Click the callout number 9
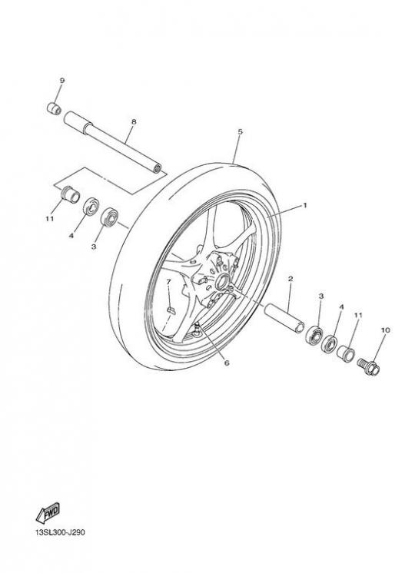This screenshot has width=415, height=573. click(x=61, y=81)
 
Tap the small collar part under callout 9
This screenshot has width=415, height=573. click(x=54, y=108)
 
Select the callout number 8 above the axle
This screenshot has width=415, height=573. click(x=134, y=121)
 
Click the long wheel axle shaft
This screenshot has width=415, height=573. click(x=113, y=143)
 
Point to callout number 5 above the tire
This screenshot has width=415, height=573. click(x=240, y=132)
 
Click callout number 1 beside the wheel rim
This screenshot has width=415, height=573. click(x=305, y=205)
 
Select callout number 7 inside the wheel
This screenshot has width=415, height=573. click(x=168, y=282)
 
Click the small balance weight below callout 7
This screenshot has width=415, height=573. click(x=171, y=311)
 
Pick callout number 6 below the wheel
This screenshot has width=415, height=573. click(x=227, y=363)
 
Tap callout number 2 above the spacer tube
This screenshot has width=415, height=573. click(x=290, y=279)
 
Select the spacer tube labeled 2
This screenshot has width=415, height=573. click(x=284, y=318)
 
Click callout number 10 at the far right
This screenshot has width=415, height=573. click(x=385, y=330)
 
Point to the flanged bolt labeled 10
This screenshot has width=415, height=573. click(x=368, y=366)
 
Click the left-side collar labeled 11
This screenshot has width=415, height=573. click(x=70, y=194)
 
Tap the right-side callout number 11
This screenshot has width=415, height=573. click(x=358, y=315)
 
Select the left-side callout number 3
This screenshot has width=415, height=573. click(x=94, y=247)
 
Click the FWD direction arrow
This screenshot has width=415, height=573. click(x=48, y=512)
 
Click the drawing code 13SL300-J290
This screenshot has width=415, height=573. click(x=60, y=532)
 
